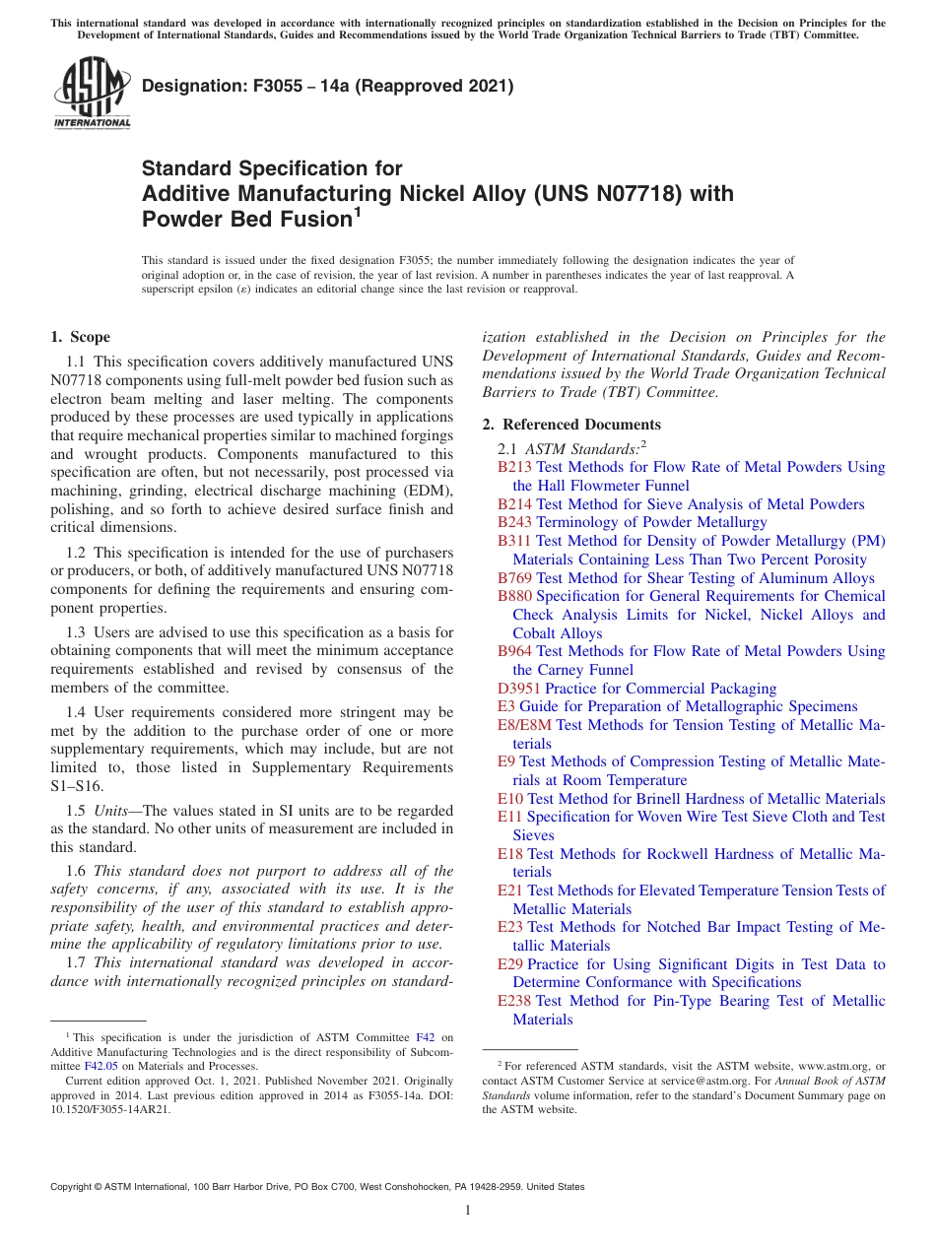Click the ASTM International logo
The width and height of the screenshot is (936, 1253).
[91, 94]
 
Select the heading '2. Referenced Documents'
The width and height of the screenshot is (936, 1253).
[571, 425]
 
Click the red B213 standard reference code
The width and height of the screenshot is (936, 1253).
[514, 467]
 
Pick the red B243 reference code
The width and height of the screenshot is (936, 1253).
[514, 522]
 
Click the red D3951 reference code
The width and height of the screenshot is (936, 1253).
[519, 689]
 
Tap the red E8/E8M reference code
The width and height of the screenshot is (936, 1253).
[524, 725]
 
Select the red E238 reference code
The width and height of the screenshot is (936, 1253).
[514, 1001]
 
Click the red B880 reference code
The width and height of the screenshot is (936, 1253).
[514, 596]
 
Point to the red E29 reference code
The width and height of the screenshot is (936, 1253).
[509, 964]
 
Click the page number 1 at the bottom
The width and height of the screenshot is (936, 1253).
[468, 1211]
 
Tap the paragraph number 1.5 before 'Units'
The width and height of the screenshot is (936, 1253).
[76, 810]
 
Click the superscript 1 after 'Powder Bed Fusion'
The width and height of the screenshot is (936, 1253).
[358, 210]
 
